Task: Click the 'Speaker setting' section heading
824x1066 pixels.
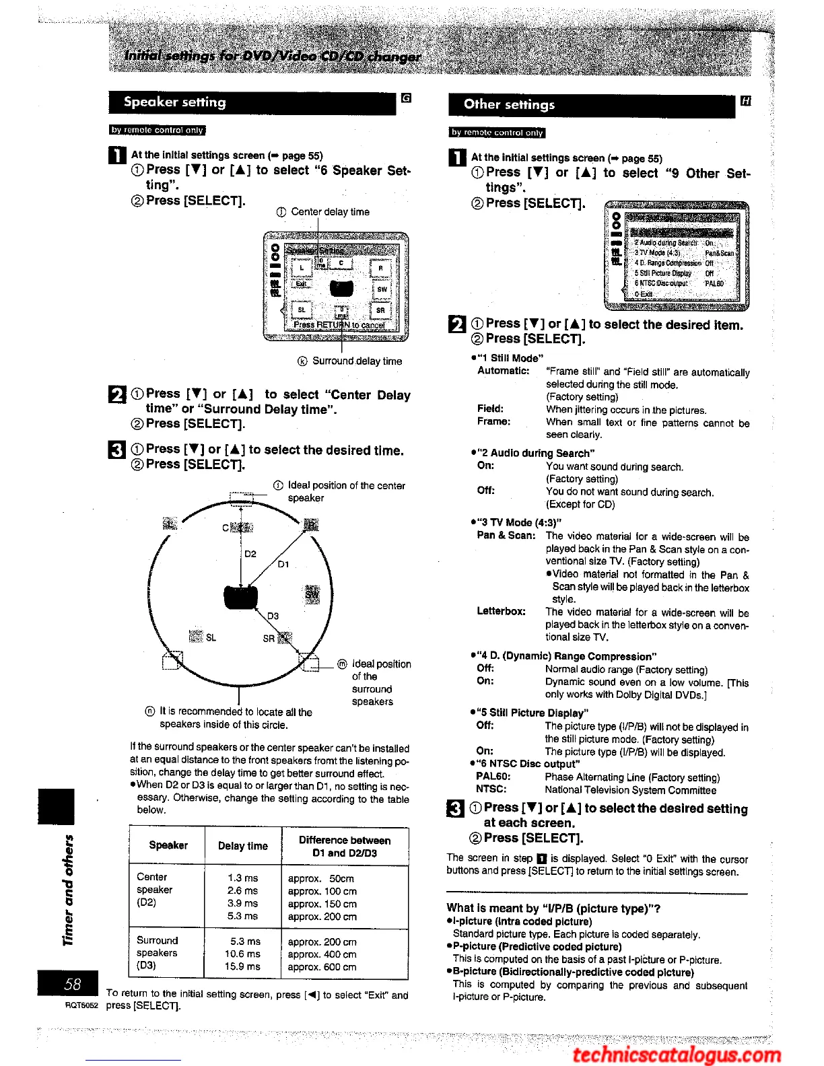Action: pyautogui.click(x=175, y=102)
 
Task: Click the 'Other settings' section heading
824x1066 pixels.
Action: pyautogui.click(x=509, y=104)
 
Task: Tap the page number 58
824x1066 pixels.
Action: pyautogui.click(x=72, y=984)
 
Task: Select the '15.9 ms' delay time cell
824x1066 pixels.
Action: pyautogui.click(x=244, y=966)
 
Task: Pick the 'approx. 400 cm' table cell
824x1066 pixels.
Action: pyautogui.click(x=322, y=954)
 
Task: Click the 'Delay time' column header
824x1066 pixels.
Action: pyautogui.click(x=242, y=846)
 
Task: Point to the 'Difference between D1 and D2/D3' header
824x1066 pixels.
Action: pyautogui.click(x=344, y=847)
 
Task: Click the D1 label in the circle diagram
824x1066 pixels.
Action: pyautogui.click(x=283, y=564)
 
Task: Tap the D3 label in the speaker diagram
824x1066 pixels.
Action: pyautogui.click(x=273, y=616)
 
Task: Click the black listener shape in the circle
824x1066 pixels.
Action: pyautogui.click(x=241, y=597)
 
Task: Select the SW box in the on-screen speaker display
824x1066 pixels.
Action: pyautogui.click(x=382, y=289)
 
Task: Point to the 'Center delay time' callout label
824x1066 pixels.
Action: pyautogui.click(x=330, y=212)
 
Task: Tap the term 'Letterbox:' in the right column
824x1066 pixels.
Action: pyautogui.click(x=501, y=611)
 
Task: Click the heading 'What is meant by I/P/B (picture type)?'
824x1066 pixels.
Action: pyautogui.click(x=553, y=909)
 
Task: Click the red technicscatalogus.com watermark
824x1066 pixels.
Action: pyautogui.click(x=676, y=1054)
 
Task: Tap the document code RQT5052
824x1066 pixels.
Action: pyautogui.click(x=81, y=1005)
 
